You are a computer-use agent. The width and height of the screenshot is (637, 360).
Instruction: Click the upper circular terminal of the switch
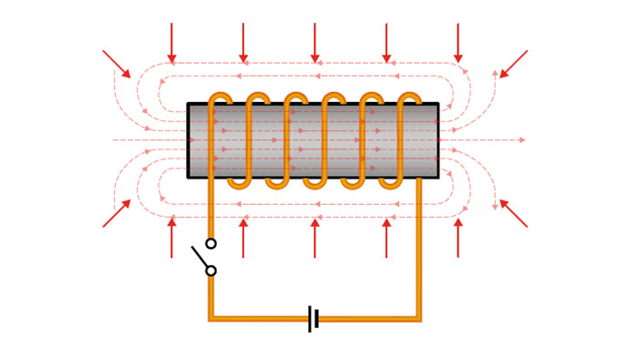click(x=211, y=243)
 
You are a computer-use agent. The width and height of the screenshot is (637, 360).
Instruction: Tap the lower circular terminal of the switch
click(x=211, y=271)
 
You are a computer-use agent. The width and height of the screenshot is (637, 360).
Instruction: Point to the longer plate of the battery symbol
click(x=310, y=319)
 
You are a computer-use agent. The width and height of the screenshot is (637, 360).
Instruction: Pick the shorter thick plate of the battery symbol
click(x=316, y=319)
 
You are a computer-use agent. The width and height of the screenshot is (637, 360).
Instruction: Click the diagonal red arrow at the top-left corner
click(x=117, y=64)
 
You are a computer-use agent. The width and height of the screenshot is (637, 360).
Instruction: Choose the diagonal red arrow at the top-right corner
click(x=513, y=64)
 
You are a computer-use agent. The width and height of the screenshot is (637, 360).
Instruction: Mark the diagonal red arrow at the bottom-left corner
click(x=117, y=213)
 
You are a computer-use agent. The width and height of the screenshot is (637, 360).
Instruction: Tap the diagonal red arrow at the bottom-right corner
click(x=513, y=213)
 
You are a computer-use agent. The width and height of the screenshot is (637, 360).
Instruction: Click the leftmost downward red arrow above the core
click(x=171, y=44)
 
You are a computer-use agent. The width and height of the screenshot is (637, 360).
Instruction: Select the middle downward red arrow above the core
click(x=314, y=44)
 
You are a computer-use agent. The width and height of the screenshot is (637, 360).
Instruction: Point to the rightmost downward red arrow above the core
click(x=457, y=44)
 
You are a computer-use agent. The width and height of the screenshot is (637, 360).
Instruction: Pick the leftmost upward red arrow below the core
click(x=171, y=237)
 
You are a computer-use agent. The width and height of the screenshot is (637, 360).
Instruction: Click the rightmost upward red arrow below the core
click(x=457, y=237)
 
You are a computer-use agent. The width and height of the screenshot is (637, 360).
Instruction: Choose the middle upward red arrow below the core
click(x=314, y=237)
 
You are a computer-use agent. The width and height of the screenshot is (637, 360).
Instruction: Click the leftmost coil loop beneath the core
click(x=239, y=183)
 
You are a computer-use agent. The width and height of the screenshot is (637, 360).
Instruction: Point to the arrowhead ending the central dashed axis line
click(x=521, y=139)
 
